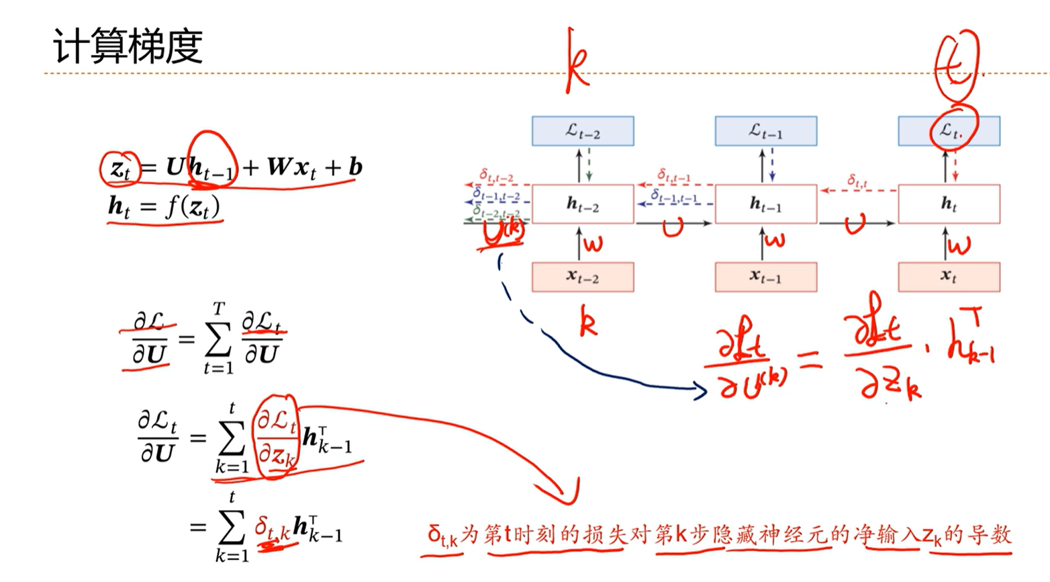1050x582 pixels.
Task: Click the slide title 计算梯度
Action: [128, 47]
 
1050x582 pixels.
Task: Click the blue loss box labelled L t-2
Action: [583, 131]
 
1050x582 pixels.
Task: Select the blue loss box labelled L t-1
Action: [766, 131]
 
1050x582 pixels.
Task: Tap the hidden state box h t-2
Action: [583, 204]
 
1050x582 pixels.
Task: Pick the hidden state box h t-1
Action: [766, 204]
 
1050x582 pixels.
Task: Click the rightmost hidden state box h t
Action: [949, 204]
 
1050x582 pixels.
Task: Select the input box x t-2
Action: [583, 277]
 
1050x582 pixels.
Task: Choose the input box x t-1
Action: [766, 277]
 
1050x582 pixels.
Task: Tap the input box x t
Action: [949, 277]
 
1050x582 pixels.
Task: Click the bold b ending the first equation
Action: [355, 166]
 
